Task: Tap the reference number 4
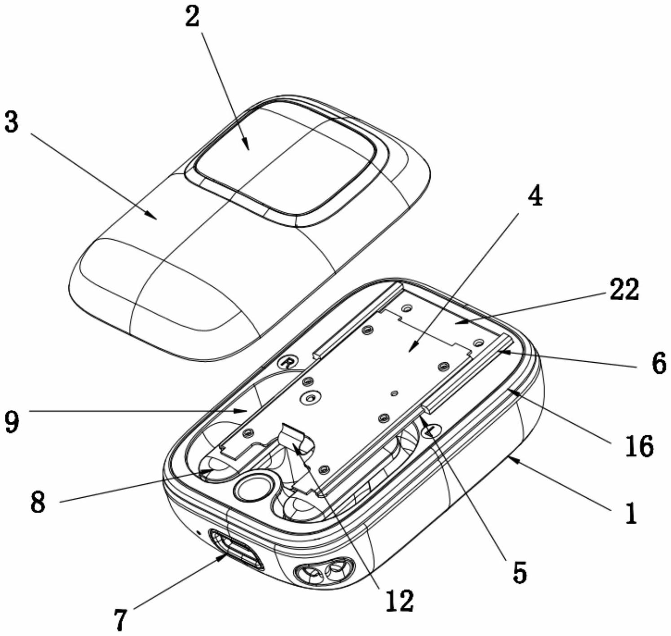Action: click(x=534, y=196)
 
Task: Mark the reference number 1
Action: click(x=631, y=513)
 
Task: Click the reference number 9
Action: click(x=12, y=422)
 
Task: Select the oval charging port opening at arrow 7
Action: click(x=236, y=549)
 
